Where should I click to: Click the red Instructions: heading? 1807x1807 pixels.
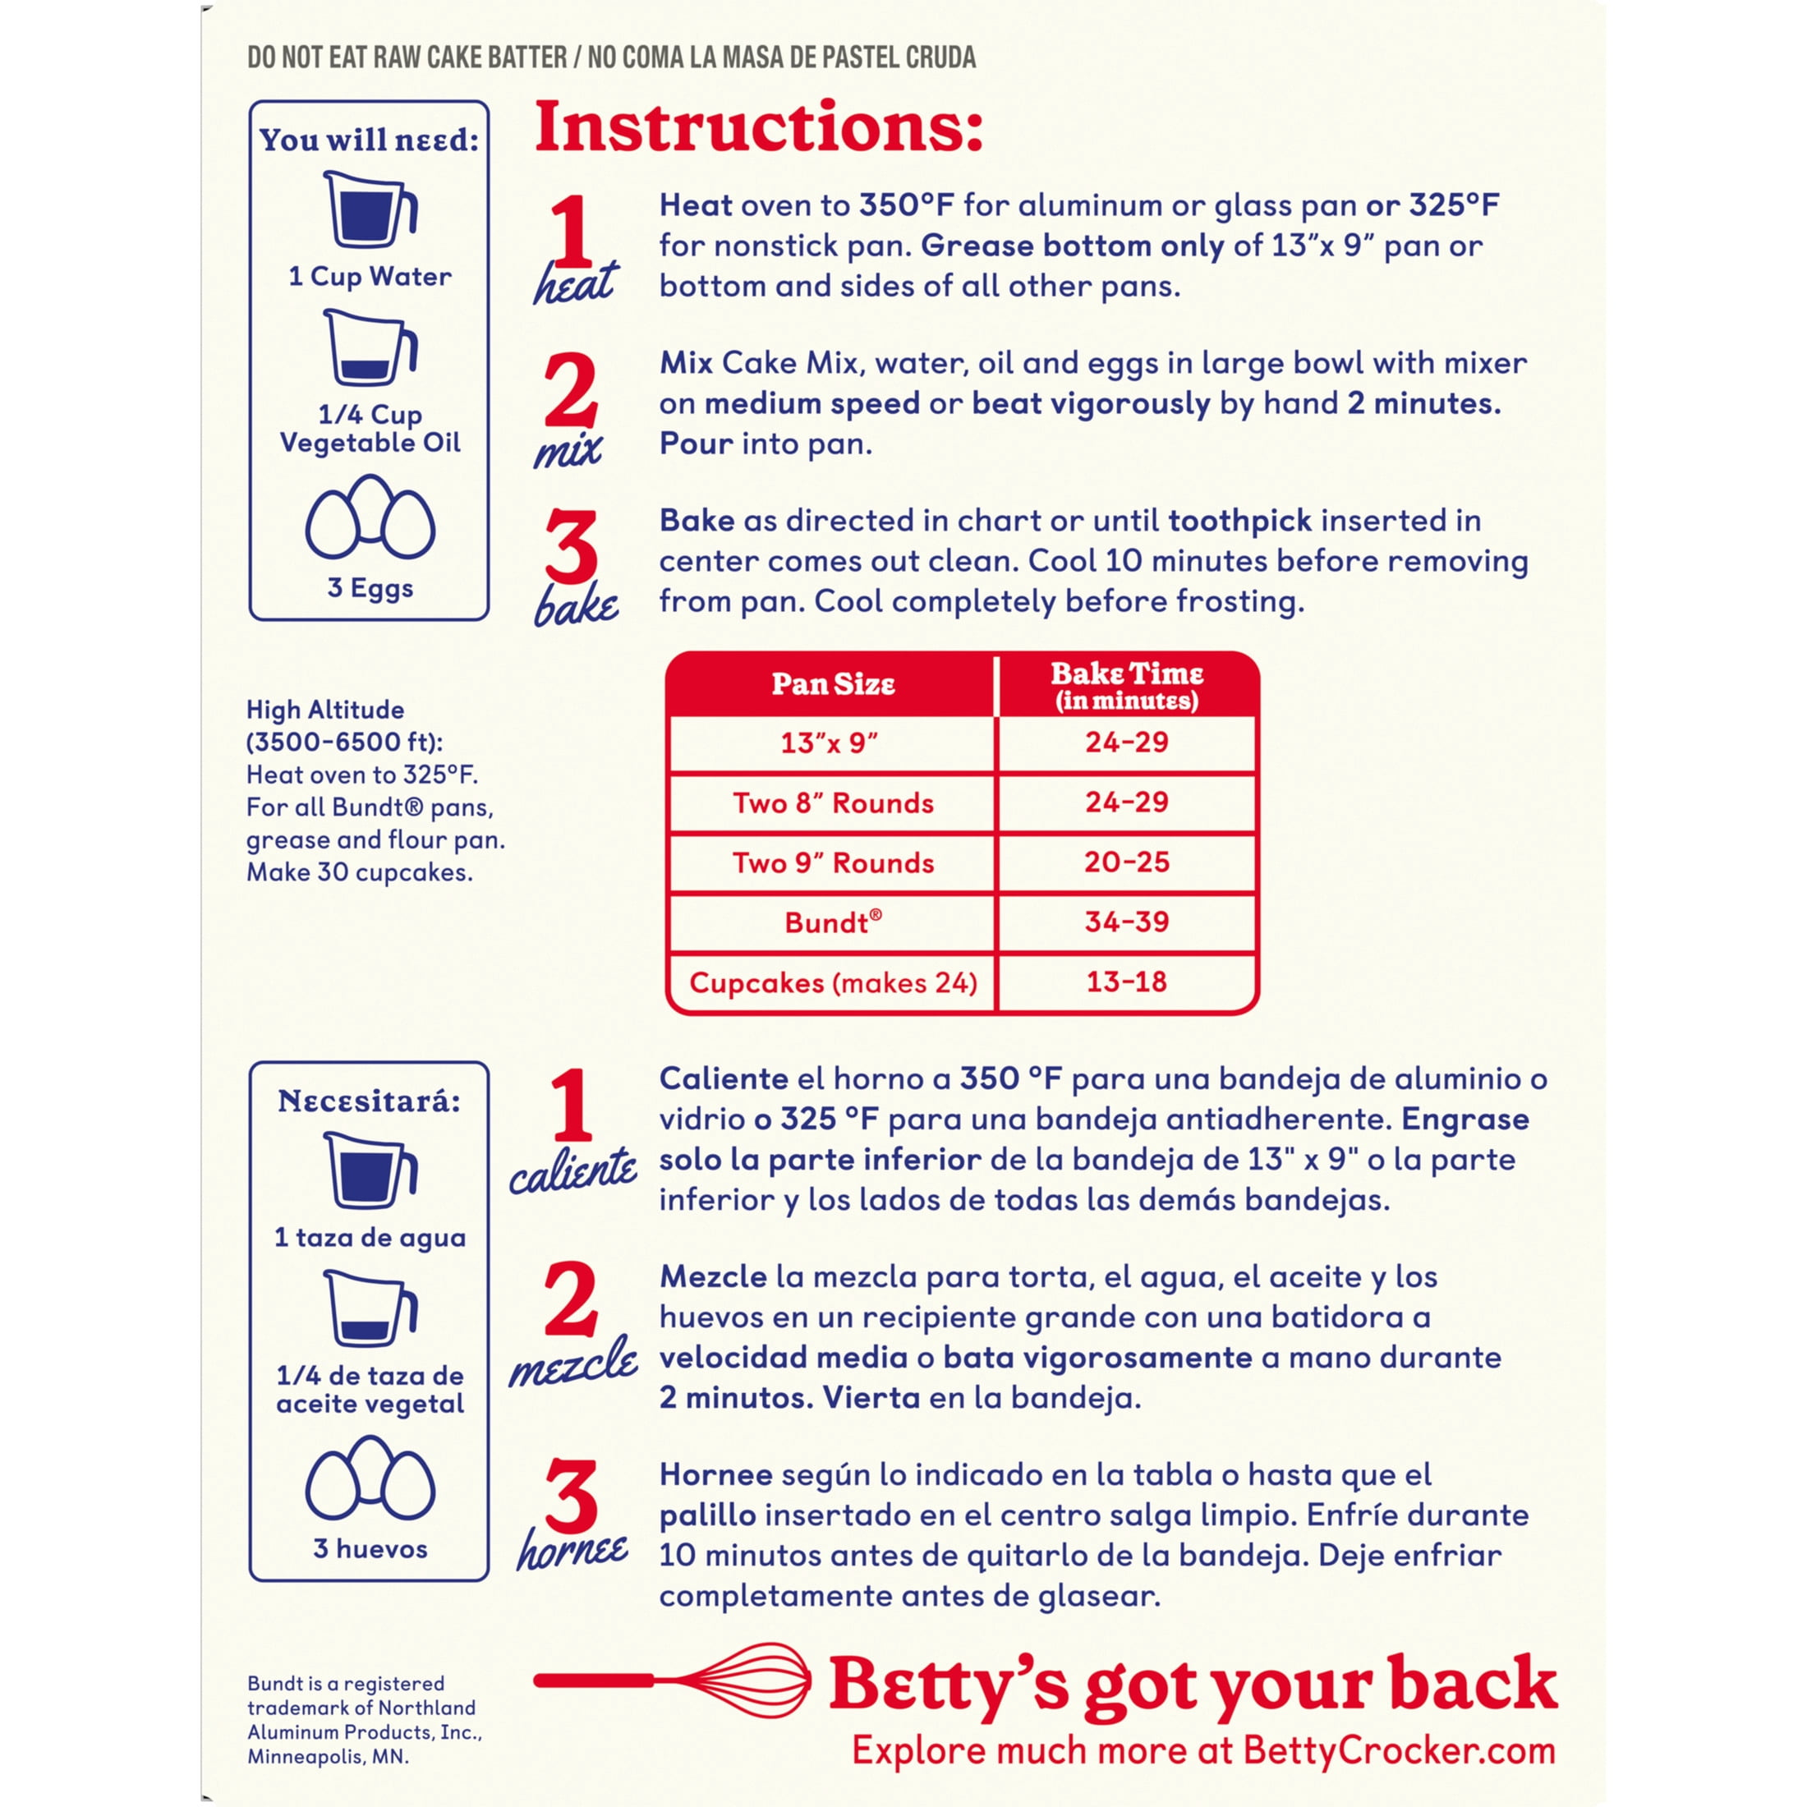point(757,128)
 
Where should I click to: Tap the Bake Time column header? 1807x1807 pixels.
point(1126,685)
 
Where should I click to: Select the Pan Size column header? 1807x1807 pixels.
point(832,683)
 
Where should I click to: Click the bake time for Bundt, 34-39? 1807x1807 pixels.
point(1126,922)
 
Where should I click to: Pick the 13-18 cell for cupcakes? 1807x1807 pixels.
point(1126,982)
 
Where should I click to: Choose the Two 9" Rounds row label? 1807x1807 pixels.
point(832,862)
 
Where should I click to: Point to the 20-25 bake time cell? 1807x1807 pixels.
point(1126,862)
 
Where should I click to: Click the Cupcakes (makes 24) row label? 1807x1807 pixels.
point(832,982)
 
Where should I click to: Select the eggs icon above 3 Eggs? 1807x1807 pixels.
point(370,517)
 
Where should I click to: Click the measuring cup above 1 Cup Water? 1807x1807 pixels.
point(370,209)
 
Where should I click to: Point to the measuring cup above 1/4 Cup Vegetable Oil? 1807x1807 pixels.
point(370,348)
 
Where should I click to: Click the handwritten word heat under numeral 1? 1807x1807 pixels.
point(574,283)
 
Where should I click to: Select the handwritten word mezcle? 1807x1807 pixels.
point(572,1366)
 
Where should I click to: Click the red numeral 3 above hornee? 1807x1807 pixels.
point(571,1496)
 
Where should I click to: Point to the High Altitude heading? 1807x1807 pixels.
point(325,710)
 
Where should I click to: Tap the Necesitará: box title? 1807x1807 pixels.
point(370,1101)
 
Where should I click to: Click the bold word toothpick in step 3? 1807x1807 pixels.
point(1239,520)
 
